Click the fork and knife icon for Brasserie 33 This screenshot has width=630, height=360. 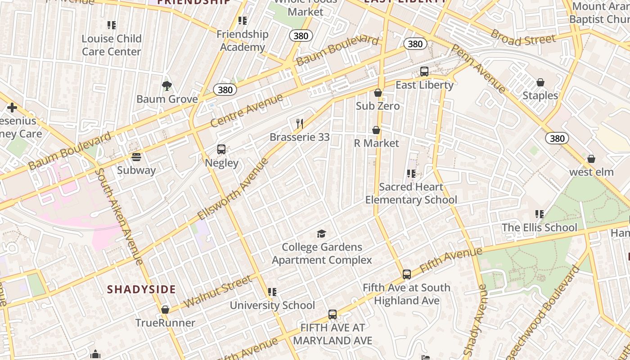300,123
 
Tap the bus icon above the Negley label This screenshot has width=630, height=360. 221,149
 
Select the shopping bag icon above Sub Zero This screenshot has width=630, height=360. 378,93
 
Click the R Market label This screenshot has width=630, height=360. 376,143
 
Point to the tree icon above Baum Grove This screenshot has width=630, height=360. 167,85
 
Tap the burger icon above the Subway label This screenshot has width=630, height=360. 136,157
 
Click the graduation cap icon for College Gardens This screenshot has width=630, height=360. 321,234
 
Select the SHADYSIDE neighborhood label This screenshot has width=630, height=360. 141,289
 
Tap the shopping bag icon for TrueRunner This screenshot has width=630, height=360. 165,310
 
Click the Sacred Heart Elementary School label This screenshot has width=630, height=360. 411,193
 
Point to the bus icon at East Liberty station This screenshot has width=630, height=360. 424,71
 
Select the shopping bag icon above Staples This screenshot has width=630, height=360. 540,82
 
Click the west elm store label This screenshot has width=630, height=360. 591,172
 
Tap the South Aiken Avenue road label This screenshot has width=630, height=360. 119,216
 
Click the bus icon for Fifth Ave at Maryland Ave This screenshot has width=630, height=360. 333,314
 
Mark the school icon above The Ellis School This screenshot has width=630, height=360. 539,214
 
